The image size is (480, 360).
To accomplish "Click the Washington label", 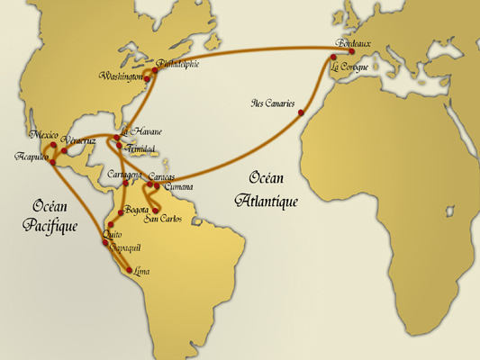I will (122, 76).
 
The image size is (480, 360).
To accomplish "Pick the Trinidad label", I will (140, 148).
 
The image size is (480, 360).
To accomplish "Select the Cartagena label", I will (124, 173).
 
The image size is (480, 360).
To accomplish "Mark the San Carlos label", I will (164, 220).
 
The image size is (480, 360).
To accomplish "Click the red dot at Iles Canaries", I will (300, 112).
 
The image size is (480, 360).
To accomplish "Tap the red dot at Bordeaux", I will (351, 51).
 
